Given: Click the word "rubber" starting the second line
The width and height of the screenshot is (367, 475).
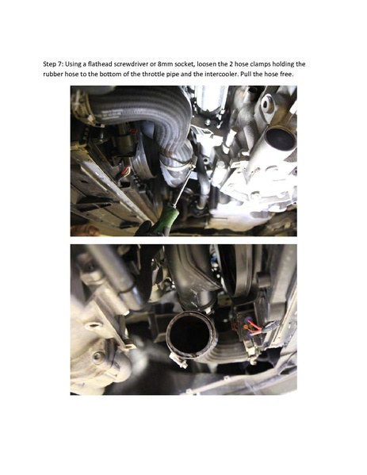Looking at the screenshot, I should tap(55, 73).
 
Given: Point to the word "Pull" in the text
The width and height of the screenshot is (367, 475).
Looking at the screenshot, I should tap(289, 73).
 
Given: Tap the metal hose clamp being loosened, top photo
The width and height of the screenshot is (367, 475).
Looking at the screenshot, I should tap(183, 168).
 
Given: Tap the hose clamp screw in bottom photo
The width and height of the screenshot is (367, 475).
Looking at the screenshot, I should tap(181, 366).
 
